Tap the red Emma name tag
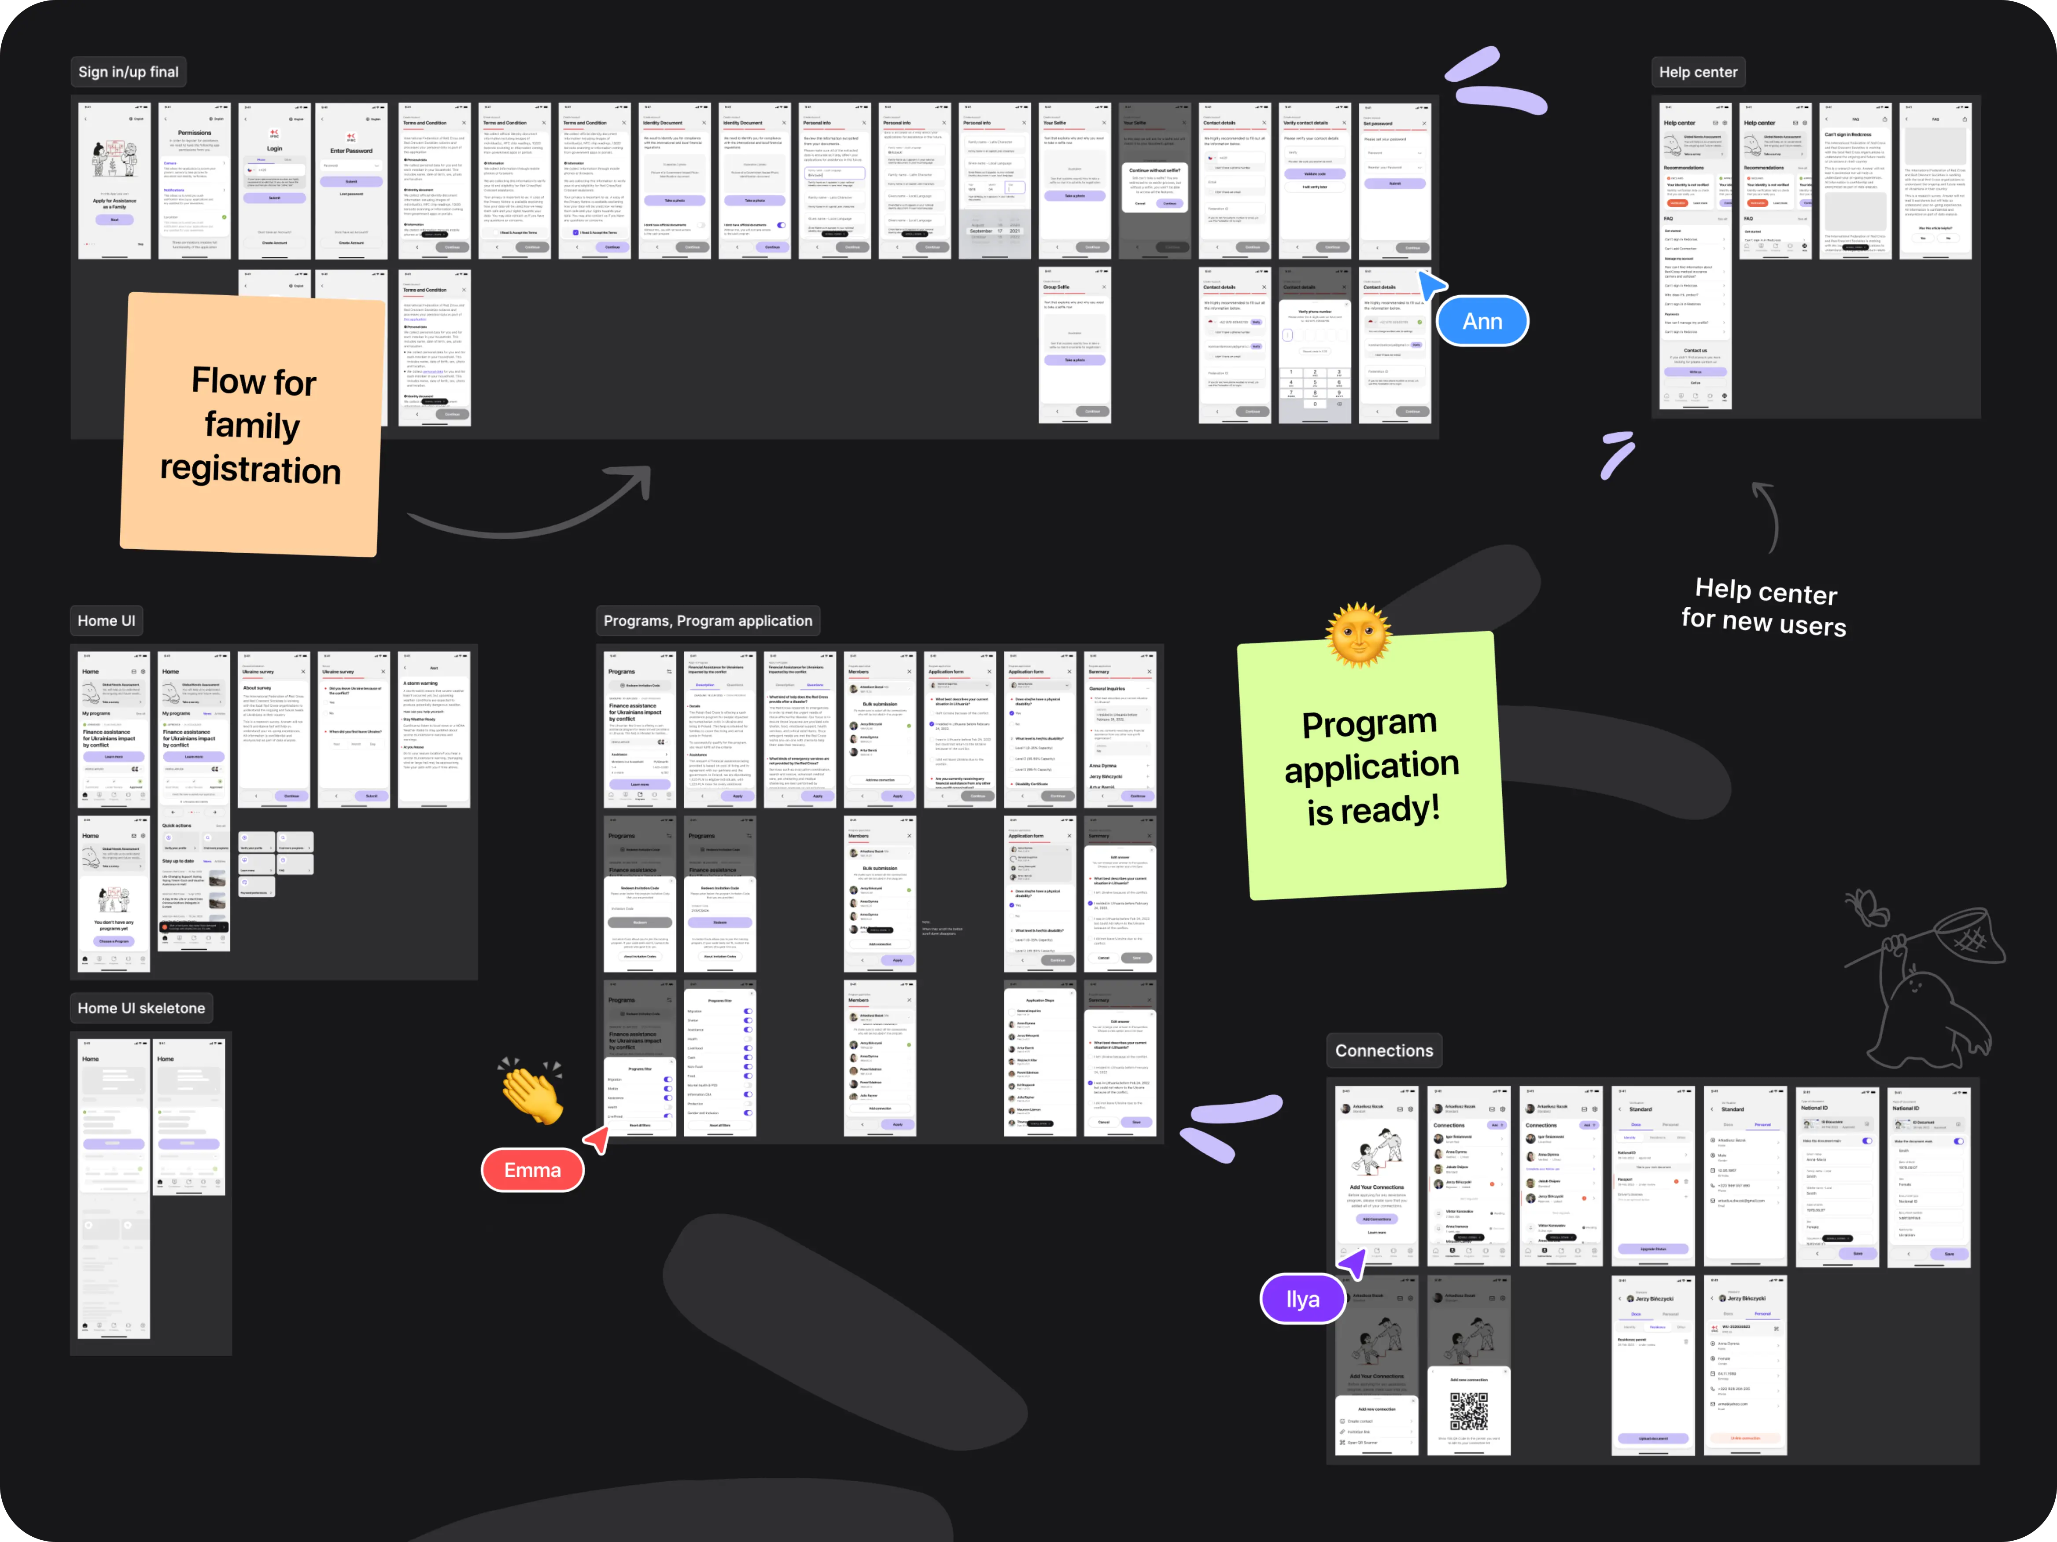(x=533, y=1170)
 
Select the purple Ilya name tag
(x=1302, y=1300)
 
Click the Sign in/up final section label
(x=128, y=72)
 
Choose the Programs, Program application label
(x=708, y=621)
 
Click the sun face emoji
(x=1359, y=635)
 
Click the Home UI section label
(x=106, y=621)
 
